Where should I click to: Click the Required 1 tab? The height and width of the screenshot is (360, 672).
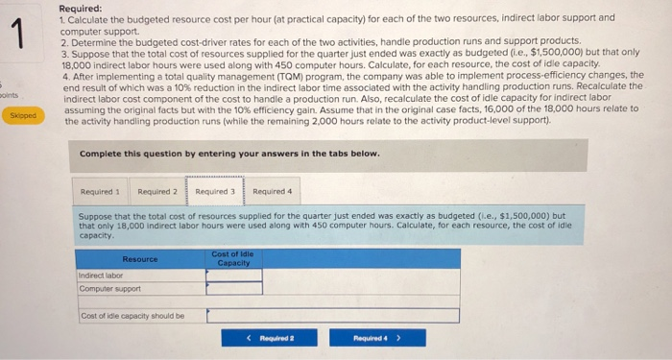pos(99,191)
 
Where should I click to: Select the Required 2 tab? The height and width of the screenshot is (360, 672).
pos(156,191)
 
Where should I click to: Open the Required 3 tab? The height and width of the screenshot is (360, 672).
pos(214,191)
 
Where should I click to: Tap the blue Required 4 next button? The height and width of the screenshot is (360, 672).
pos(364,338)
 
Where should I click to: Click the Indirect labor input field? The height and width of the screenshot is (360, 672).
pos(234,275)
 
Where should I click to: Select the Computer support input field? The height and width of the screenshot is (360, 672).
pos(234,288)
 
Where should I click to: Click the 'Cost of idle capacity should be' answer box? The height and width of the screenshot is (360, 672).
pos(332,315)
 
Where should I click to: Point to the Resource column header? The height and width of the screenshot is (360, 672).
pos(140,259)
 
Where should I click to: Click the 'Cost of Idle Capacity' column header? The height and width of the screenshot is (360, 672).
pos(234,258)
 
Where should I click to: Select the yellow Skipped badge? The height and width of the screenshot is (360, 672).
pos(23,113)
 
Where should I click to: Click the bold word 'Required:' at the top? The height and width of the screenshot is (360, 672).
pos(80,7)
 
